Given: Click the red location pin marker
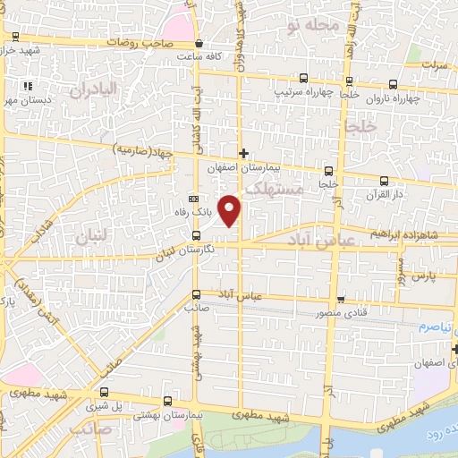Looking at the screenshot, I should pyautogui.click(x=231, y=209).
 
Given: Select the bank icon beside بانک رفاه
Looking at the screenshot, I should pyautogui.click(x=193, y=199).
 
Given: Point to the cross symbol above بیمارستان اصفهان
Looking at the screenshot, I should pyautogui.click(x=242, y=153).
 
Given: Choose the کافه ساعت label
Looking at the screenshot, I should pyautogui.click(x=198, y=55).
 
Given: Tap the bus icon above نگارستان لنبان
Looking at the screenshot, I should pyautogui.click(x=196, y=235).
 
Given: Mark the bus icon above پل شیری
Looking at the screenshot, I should pyautogui.click(x=105, y=392).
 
